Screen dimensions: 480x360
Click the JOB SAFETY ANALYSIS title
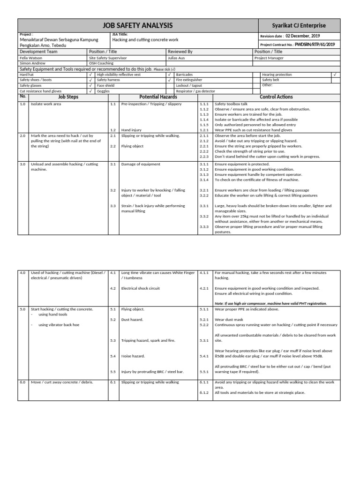pyautogui.click(x=138, y=25)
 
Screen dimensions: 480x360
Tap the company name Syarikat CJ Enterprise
pyautogui.click(x=299, y=25)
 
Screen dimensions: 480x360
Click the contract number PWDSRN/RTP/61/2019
pyautogui.click(x=315, y=45)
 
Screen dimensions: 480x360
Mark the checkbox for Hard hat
pyautogui.click(x=90, y=75)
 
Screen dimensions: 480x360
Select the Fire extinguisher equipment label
pyautogui.click(x=188, y=80)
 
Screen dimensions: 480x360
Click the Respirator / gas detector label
pyautogui.click(x=195, y=91)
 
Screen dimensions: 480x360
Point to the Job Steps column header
pyautogui.click(x=68, y=97)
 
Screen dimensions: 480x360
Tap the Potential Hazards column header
pyautogui.click(x=158, y=97)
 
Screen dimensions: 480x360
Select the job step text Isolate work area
pyautogui.click(x=46, y=104)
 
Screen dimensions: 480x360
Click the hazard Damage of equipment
pyautogui.click(x=141, y=164)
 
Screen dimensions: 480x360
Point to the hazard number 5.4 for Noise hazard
pyautogui.click(x=113, y=356)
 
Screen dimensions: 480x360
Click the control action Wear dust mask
pyautogui.click(x=229, y=319)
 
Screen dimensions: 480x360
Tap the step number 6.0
pyautogui.click(x=22, y=382)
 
